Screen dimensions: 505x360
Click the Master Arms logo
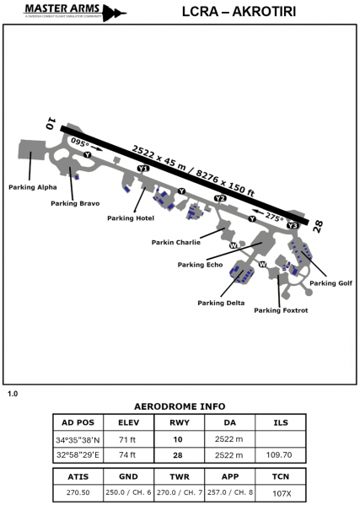64,12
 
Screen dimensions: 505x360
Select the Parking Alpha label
33,186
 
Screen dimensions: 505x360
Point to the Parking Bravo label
76,203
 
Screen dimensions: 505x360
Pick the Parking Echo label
200,265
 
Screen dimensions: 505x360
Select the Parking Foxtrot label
282,309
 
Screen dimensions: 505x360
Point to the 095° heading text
81,142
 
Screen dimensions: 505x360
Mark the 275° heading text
272,216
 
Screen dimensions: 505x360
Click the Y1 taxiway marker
143,169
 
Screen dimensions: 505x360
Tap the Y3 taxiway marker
293,226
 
